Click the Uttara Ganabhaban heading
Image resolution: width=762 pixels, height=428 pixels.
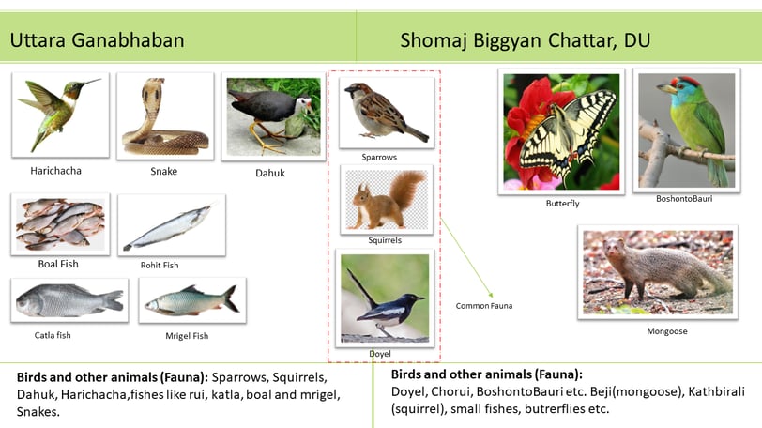point(98,40)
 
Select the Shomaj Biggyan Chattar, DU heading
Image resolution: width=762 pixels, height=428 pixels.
point(525,40)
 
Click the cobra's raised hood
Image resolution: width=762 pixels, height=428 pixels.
point(152,91)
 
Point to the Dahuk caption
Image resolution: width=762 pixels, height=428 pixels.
point(270,173)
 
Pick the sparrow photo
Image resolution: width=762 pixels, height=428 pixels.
point(387,113)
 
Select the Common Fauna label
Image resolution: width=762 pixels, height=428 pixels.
point(484,306)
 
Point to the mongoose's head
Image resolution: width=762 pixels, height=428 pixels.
point(616,249)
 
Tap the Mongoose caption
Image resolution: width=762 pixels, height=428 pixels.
point(666,331)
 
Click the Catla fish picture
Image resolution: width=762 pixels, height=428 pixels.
point(69,300)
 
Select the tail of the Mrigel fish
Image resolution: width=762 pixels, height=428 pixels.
point(231,298)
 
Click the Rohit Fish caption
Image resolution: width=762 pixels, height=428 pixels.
point(160,266)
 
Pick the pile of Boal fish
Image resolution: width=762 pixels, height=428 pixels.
point(60,223)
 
